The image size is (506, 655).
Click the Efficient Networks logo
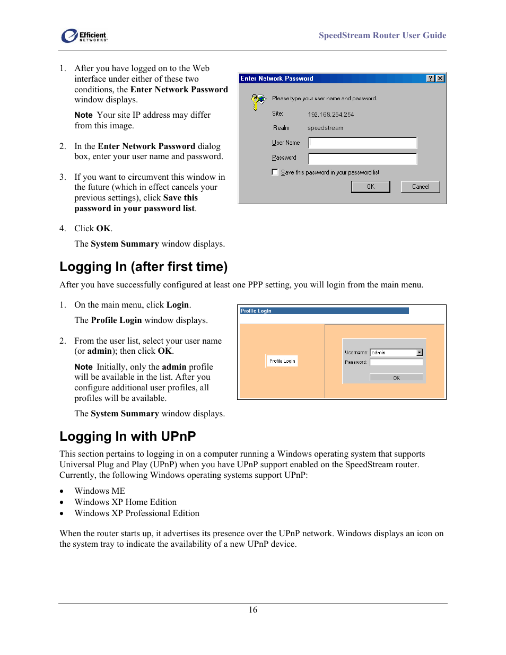tap(84, 36)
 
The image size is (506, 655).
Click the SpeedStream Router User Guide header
tap(382, 36)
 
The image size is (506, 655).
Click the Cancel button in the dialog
tap(421, 187)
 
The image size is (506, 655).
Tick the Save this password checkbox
tap(275, 172)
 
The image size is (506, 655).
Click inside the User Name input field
tap(363, 143)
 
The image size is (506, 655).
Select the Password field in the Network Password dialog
tap(363, 158)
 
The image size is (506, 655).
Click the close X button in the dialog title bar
tap(440, 78)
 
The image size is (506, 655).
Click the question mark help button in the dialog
tap(431, 78)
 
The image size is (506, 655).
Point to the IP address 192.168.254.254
tap(330, 115)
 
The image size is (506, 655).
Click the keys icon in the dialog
tap(258, 101)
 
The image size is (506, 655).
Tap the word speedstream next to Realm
tap(325, 128)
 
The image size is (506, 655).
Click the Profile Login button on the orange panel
tap(282, 361)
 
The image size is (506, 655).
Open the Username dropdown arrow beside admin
tap(420, 353)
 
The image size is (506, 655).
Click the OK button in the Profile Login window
tap(396, 378)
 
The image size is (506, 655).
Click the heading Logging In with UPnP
tap(127, 436)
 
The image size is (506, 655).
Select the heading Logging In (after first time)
tap(143, 267)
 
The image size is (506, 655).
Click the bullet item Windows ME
tap(100, 491)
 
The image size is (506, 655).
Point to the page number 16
tap(253, 610)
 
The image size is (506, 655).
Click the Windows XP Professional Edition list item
tap(137, 513)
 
